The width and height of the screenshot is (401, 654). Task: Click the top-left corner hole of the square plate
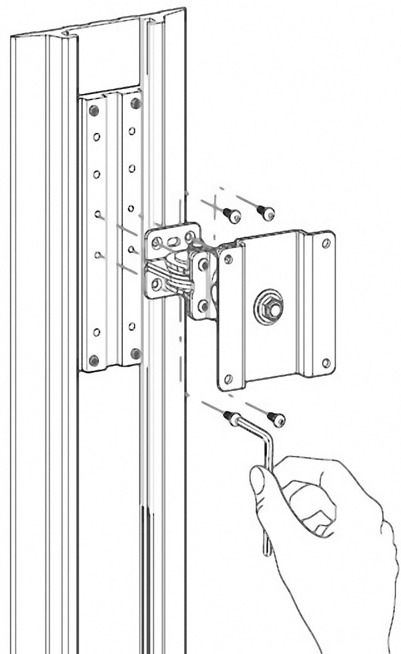227,259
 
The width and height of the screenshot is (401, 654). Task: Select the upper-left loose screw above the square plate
231,215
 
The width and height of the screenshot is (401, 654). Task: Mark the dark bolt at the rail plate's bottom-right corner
135,352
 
